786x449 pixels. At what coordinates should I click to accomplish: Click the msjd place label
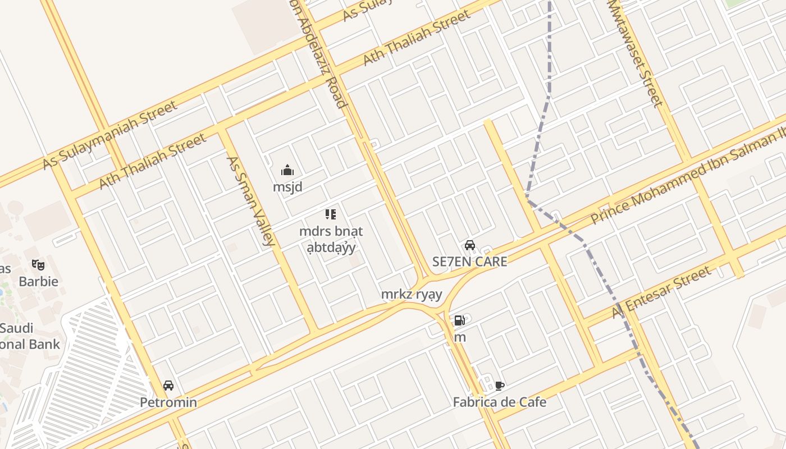(287, 187)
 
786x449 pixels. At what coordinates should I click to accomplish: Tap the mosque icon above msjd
(287, 170)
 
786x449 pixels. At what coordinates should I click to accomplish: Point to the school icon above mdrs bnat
(330, 214)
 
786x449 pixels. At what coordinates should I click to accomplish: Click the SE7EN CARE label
(469, 262)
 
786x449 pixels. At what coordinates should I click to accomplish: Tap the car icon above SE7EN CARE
(470, 245)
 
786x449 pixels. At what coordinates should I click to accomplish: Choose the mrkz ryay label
(412, 294)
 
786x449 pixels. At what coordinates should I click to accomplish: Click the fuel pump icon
(459, 320)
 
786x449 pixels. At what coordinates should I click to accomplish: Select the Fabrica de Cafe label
(499, 402)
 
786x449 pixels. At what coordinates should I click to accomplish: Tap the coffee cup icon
(499, 386)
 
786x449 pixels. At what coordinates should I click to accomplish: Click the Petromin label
(168, 402)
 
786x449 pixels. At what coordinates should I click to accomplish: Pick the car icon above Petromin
(168, 386)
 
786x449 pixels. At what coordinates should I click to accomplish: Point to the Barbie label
(38, 281)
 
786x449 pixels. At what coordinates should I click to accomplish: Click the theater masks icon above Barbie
(38, 264)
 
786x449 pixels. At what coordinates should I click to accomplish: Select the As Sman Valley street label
(250, 200)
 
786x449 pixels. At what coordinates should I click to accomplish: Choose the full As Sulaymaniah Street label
(110, 135)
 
